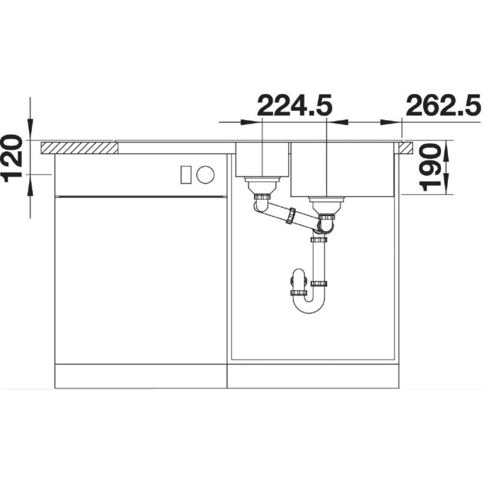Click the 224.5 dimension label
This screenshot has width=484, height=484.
point(295,105)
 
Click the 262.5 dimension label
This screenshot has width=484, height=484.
point(443,105)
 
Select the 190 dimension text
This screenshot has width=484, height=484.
point(430,168)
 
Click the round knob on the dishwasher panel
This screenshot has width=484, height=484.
point(205,175)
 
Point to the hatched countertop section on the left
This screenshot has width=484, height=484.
point(79,148)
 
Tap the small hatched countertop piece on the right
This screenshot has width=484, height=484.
point(406,148)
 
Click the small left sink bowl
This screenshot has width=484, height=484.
point(263,159)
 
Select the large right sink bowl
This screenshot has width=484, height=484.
point(342,169)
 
